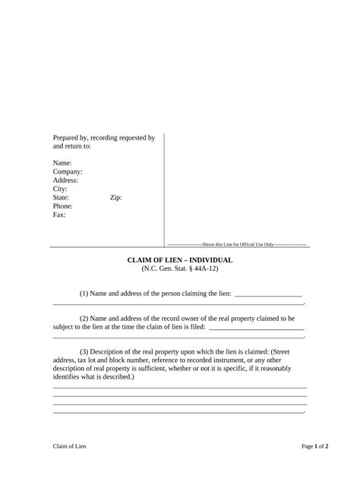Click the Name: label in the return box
tap(62, 163)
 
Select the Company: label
tap(68, 172)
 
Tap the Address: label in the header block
tap(65, 181)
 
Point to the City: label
tap(60, 189)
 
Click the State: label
tap(62, 197)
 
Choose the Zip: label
tap(116, 197)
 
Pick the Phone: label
tap(63, 206)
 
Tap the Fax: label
tap(59, 215)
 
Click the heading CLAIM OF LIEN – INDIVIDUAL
tap(179, 260)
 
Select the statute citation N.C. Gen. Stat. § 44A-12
tap(179, 269)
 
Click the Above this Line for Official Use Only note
tap(236, 244)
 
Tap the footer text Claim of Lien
tap(70, 446)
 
